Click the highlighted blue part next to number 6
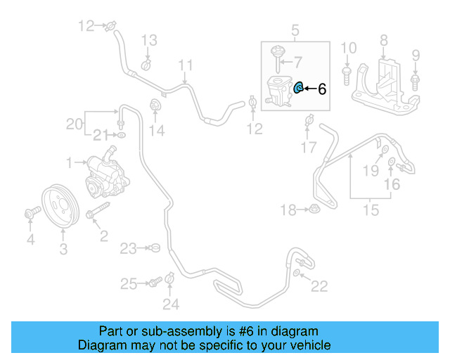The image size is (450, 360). (x=297, y=88)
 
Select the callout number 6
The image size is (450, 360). (x=322, y=89)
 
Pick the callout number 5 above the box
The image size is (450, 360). (x=295, y=30)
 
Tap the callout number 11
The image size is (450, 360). (x=185, y=66)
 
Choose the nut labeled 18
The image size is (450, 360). (x=312, y=209)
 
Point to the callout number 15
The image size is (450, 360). (x=371, y=209)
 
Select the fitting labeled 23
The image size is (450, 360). (x=155, y=247)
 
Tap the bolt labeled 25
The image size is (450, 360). (x=153, y=283)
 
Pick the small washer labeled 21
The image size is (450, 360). (x=121, y=133)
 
